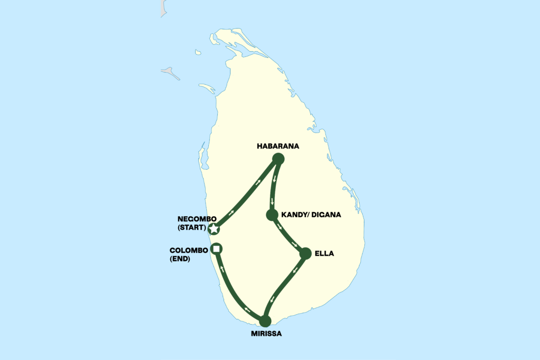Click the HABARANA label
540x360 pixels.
click(x=278, y=147)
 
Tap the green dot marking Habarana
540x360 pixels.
click(x=278, y=159)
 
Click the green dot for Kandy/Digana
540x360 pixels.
click(x=272, y=215)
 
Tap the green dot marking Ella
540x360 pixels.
click(x=305, y=254)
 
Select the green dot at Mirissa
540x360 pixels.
click(x=265, y=320)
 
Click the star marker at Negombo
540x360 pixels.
click(x=214, y=229)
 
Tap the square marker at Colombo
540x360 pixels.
click(x=216, y=248)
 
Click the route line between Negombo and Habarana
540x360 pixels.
click(x=245, y=194)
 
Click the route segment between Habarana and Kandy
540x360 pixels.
click(x=273, y=187)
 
